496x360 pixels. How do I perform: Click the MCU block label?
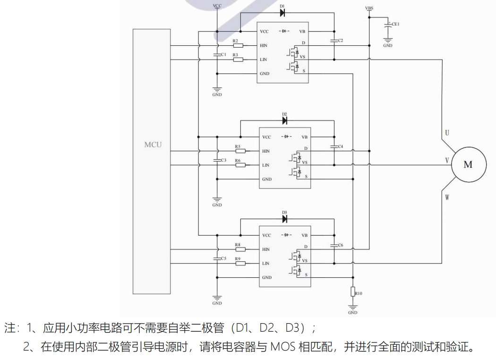153,144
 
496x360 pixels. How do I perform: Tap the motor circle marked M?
468,164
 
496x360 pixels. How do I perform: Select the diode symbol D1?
282,13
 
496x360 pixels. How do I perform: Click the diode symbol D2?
285,120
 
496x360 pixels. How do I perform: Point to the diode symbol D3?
285,219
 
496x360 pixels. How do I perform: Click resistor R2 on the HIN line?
238,46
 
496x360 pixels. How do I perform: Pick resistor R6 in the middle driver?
240,165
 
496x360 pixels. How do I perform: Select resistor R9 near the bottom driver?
240,263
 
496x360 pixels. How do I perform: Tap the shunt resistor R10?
352,291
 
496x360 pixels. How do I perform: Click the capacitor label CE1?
396,23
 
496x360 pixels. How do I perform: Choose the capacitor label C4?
340,146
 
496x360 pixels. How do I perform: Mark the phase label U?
447,132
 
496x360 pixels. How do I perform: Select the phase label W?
447,197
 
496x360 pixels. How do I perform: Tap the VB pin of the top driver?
302,32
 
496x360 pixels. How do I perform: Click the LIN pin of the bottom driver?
266,263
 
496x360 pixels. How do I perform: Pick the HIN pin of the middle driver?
266,151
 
